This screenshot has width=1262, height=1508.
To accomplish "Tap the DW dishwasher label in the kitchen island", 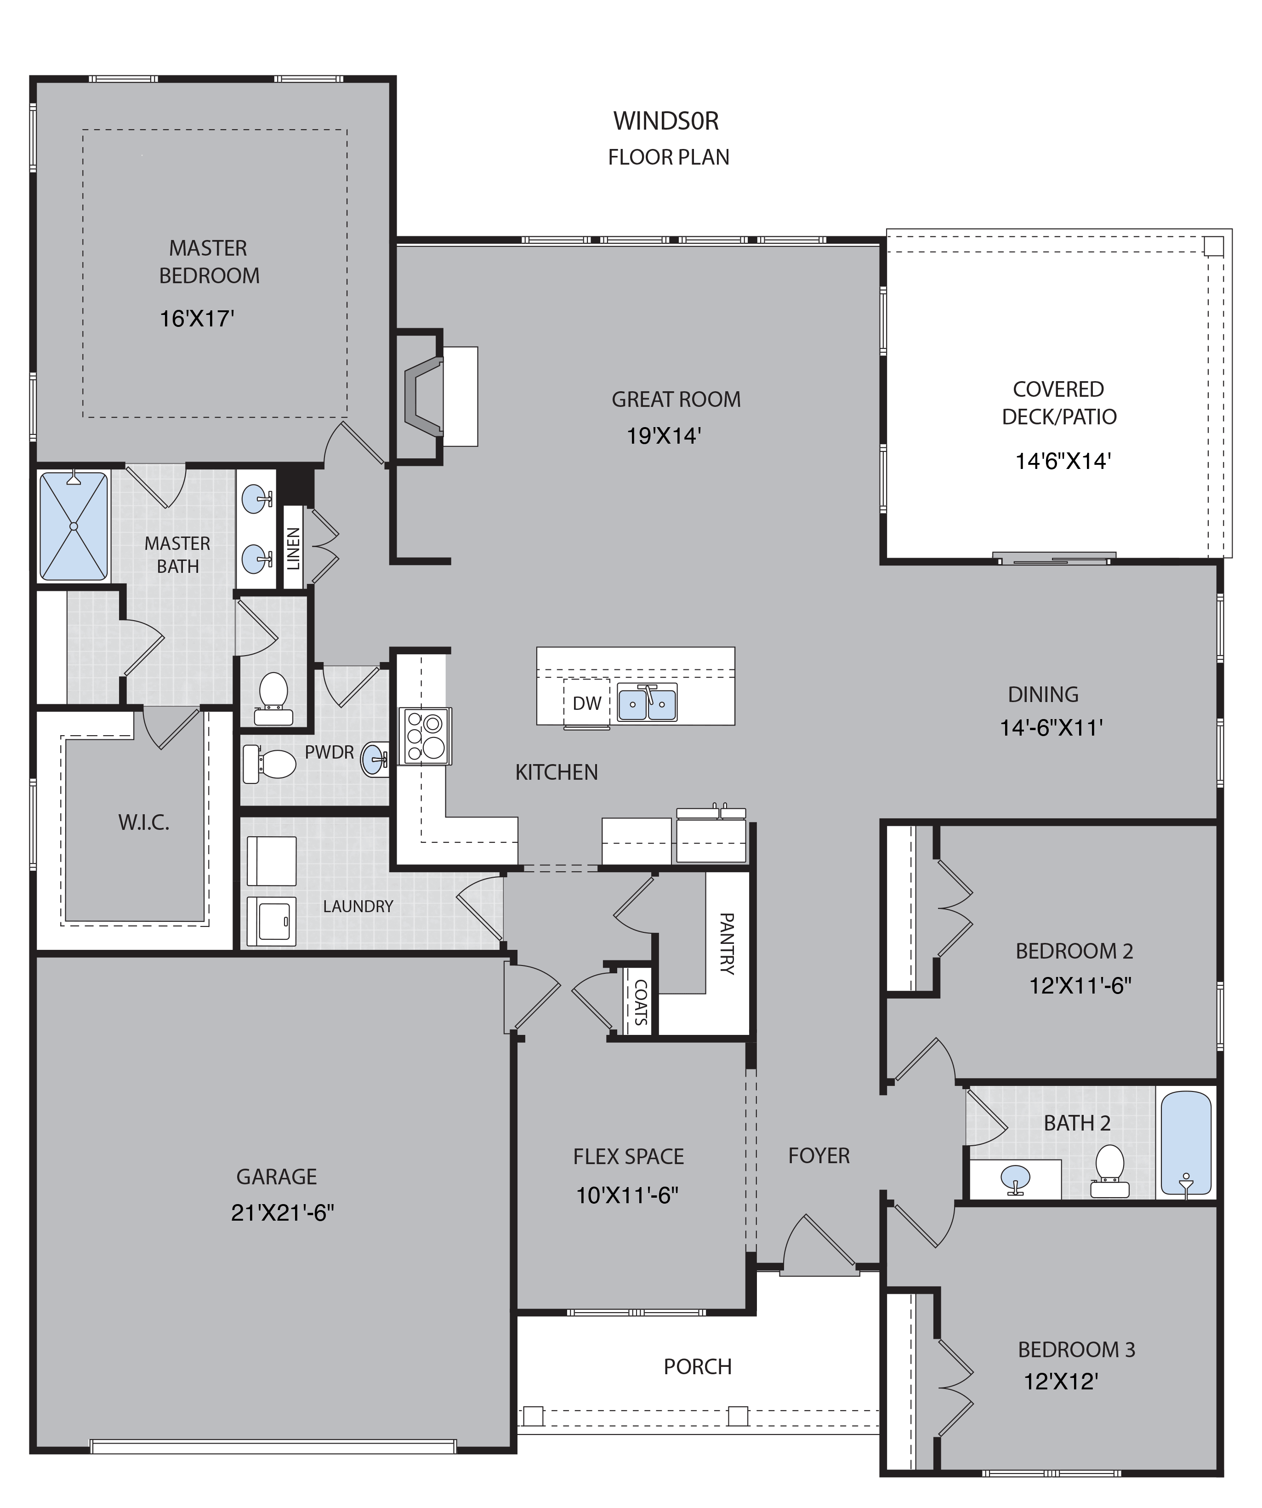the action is point(586,703).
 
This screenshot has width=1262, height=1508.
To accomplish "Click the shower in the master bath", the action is point(73,526).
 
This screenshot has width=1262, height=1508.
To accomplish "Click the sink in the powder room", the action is point(375,760).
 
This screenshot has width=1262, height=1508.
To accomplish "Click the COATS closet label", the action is point(640,1002).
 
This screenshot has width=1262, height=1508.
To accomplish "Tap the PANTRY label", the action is point(727,943).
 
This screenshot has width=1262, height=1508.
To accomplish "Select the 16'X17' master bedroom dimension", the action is point(197,318).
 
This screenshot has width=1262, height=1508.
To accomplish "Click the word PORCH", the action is point(697,1366).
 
